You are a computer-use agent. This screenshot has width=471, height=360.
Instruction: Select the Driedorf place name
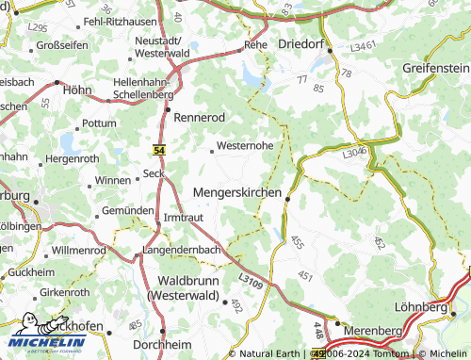click(302, 44)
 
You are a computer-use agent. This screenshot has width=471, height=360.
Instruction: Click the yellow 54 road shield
click(159, 150)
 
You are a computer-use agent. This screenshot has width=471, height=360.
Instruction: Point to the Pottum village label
click(99, 123)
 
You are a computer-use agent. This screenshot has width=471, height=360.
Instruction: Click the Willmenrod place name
click(79, 251)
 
